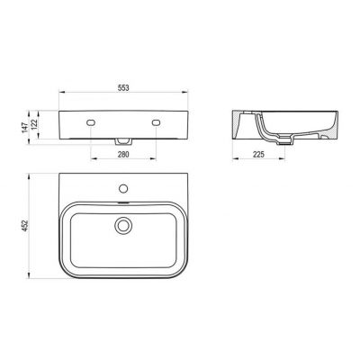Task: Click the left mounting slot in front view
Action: coord(92,121)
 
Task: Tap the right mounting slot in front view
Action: coord(157,121)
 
